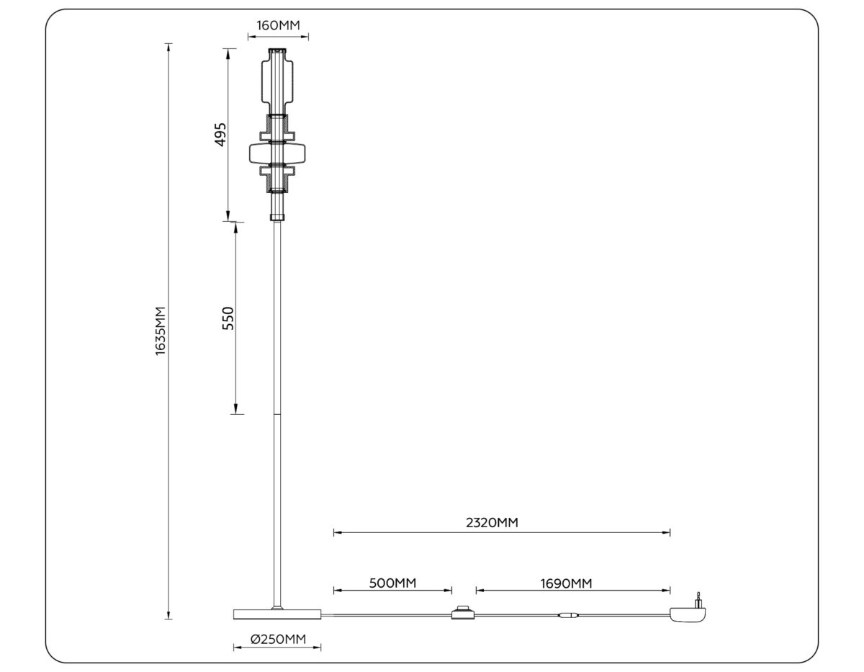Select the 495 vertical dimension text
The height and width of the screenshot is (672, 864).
[x=221, y=135]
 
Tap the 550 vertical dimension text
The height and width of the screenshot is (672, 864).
[x=228, y=318]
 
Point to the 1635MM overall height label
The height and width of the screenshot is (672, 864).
[x=161, y=330]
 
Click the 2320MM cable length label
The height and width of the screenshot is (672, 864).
[x=492, y=523]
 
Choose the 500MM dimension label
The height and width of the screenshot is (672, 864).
[x=392, y=582]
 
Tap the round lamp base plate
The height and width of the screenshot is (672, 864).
[x=277, y=614]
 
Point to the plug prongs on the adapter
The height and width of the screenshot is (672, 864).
[x=697, y=599]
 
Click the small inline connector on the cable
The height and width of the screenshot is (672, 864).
[x=567, y=616]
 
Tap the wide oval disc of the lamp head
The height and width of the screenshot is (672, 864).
[x=277, y=153]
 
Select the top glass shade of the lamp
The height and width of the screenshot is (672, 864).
[x=277, y=83]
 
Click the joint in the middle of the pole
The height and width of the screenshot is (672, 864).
[x=277, y=414]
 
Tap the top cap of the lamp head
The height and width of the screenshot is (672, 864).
[x=277, y=52]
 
